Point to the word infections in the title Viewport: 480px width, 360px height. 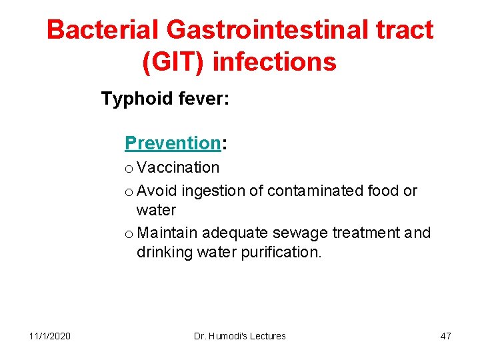[x=275, y=62]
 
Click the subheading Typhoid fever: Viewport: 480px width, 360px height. [x=165, y=99]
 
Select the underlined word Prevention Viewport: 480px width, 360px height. [x=173, y=143]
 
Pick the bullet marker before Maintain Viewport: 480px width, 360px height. [x=129, y=234]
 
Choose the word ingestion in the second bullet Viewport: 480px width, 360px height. [x=213, y=191]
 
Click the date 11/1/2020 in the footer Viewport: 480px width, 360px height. [x=50, y=336]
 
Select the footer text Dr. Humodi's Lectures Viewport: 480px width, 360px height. [x=239, y=336]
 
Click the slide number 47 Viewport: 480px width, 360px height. [x=445, y=336]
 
